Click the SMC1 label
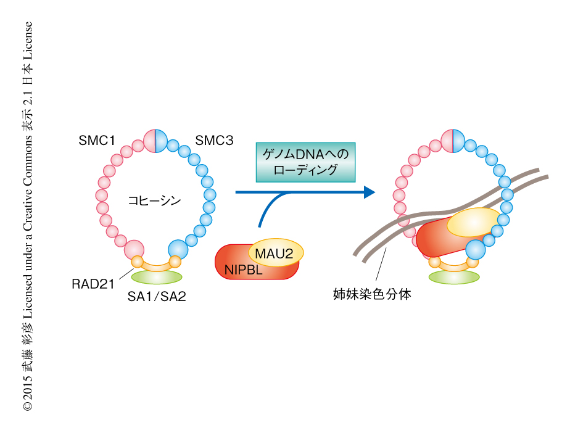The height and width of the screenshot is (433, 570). [97, 141]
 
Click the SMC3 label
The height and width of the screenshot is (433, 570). [214, 141]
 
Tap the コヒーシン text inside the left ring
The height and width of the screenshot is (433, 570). [154, 200]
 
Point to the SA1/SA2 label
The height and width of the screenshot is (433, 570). [157, 297]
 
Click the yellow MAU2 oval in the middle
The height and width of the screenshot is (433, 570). [276, 252]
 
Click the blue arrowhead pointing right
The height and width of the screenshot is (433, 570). [369, 192]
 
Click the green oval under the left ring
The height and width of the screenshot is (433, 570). [157, 277]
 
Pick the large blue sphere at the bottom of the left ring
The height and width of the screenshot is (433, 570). [178, 249]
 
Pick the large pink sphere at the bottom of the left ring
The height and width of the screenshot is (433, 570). [134, 249]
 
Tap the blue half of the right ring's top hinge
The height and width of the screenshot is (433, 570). [458, 141]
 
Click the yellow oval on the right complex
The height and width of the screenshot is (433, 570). [474, 223]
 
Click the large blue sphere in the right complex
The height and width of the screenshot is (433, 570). [476, 249]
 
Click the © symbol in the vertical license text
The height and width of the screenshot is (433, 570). [27, 406]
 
